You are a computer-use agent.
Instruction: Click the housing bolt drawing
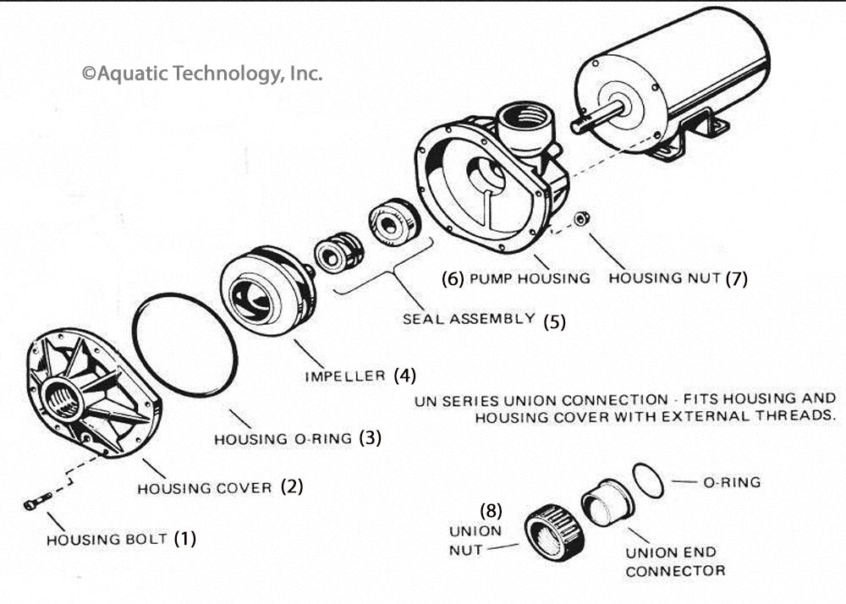click(x=36, y=502)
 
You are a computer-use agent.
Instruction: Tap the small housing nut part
click(x=581, y=219)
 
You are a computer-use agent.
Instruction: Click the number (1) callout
click(x=184, y=538)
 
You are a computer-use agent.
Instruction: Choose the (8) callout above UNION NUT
click(x=492, y=510)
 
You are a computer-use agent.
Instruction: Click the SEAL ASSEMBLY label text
click(x=469, y=319)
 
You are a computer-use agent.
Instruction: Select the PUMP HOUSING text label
click(x=530, y=277)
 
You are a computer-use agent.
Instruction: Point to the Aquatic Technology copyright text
click(x=202, y=74)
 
